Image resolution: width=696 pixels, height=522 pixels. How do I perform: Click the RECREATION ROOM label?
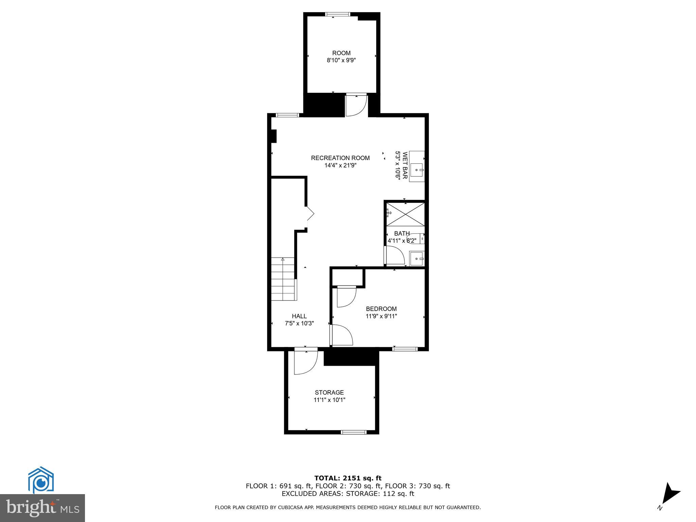[x=340, y=158]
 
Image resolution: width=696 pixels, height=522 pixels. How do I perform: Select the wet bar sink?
[x=417, y=169]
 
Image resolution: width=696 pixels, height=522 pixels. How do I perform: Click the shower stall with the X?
[x=405, y=214]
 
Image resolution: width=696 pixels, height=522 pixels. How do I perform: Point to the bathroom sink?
[x=417, y=259]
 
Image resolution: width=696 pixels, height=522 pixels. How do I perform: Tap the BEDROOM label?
[x=381, y=309]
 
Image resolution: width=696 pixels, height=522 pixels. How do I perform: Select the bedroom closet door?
[x=346, y=296]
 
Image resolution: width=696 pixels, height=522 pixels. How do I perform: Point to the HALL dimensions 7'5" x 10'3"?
[x=299, y=324]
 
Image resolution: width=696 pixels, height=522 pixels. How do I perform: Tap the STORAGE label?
[x=329, y=393]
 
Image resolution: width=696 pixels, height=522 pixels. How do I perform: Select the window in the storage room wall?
[x=353, y=432]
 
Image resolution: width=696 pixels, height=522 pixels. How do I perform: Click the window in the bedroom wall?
[x=405, y=349]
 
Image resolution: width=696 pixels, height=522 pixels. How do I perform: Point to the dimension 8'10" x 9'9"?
[x=341, y=60]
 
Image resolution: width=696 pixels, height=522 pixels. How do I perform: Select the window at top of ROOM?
[x=337, y=14]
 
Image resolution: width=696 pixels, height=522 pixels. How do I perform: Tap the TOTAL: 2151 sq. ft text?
[x=348, y=478]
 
